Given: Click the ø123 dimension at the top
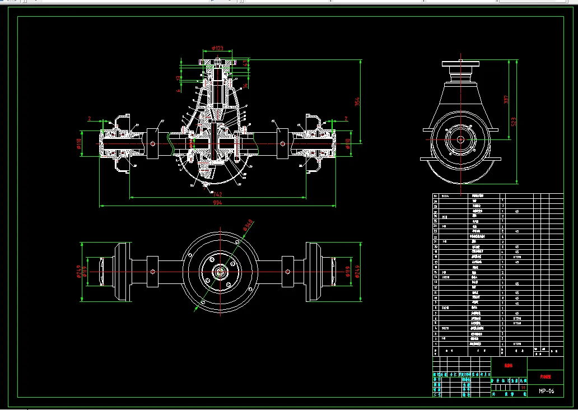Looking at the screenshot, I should tap(217, 49).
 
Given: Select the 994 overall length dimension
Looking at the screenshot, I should tap(217, 203).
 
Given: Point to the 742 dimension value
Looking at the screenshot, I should tap(217, 194).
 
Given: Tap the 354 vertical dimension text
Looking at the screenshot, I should tap(357, 101).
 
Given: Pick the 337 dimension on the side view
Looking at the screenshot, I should tap(506, 100).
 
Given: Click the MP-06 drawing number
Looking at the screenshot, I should tap(546, 391).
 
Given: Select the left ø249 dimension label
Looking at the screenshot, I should tap(79, 272).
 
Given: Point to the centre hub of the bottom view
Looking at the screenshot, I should tap(220, 272).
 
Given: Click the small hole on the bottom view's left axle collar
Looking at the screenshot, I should tap(153, 272).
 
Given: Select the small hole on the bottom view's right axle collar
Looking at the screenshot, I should tap(287, 272).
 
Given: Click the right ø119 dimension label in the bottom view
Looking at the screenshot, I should tap(348, 272).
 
